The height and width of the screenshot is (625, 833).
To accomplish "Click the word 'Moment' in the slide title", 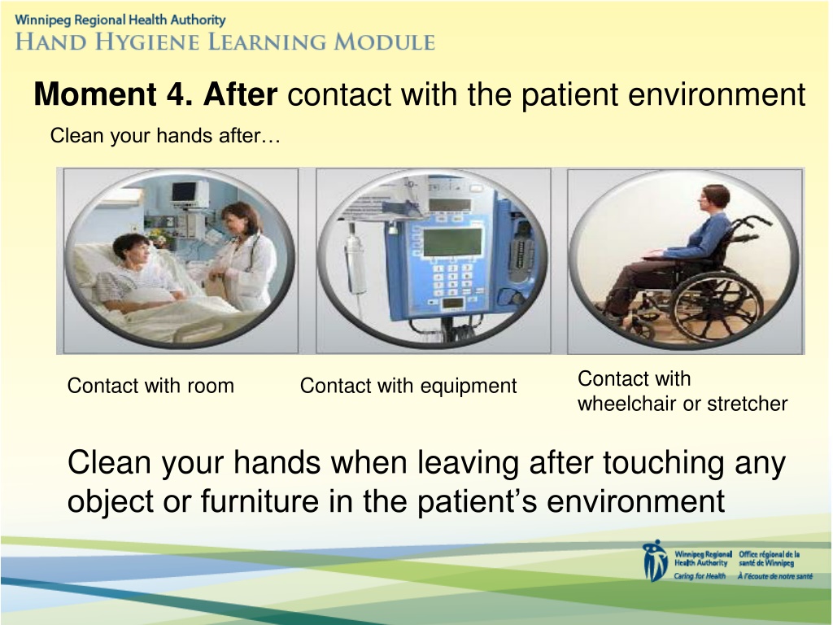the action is coord(95,94).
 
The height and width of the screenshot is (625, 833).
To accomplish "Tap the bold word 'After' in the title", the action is coord(240,94).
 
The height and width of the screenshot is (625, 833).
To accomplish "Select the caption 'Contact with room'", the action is coord(150,385).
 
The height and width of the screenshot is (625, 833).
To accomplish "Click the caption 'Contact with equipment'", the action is coord(408,386).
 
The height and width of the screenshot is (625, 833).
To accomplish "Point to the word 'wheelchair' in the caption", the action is coord(626,404).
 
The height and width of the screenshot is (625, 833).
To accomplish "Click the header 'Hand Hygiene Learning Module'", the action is coord(225,42).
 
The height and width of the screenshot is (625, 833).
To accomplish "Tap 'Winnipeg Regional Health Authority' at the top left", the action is coord(120,20).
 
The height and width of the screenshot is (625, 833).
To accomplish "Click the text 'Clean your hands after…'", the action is coord(164,136).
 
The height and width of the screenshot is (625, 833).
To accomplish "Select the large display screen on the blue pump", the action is coord(452,242).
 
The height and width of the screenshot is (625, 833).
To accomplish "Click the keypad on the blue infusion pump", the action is coord(451,278).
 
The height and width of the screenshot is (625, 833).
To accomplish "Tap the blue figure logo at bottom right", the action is coord(655,562).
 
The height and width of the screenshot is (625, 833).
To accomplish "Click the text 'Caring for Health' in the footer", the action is coord(700,576).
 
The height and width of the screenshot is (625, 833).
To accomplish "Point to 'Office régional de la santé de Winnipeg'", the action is coord(769,558).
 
